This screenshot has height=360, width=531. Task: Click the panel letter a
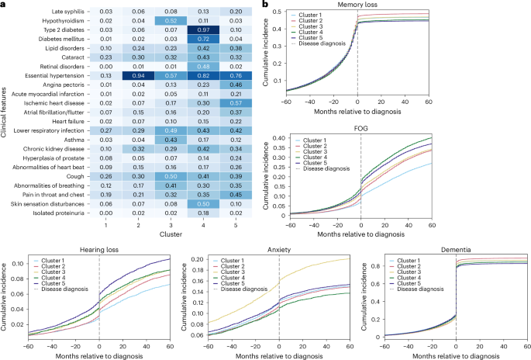4,5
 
